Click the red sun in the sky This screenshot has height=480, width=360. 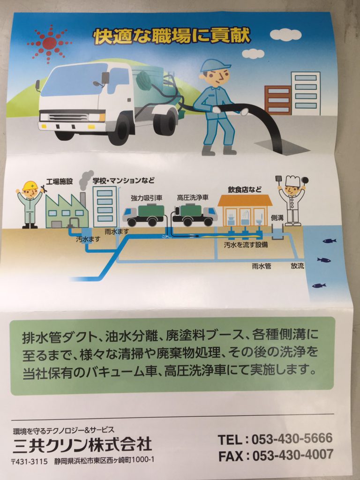point(49,43)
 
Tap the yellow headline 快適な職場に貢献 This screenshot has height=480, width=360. point(172,37)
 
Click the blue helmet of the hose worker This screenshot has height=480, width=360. point(214,65)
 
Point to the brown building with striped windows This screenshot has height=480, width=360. point(278,100)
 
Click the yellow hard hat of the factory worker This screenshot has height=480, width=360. point(30,186)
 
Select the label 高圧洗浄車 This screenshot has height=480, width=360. point(193,197)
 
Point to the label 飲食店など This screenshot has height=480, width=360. point(245,190)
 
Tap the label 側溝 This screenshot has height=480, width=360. point(277,218)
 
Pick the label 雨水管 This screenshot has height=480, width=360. point(262,266)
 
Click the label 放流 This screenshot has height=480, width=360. point(297,266)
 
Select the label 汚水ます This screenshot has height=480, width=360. point(88,240)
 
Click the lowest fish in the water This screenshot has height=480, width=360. point(319,285)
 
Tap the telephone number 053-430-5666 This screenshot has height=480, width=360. point(292,439)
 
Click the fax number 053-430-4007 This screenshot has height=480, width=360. point(292,455)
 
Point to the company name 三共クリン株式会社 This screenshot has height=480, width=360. point(82,444)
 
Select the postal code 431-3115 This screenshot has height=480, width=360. point(32,461)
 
